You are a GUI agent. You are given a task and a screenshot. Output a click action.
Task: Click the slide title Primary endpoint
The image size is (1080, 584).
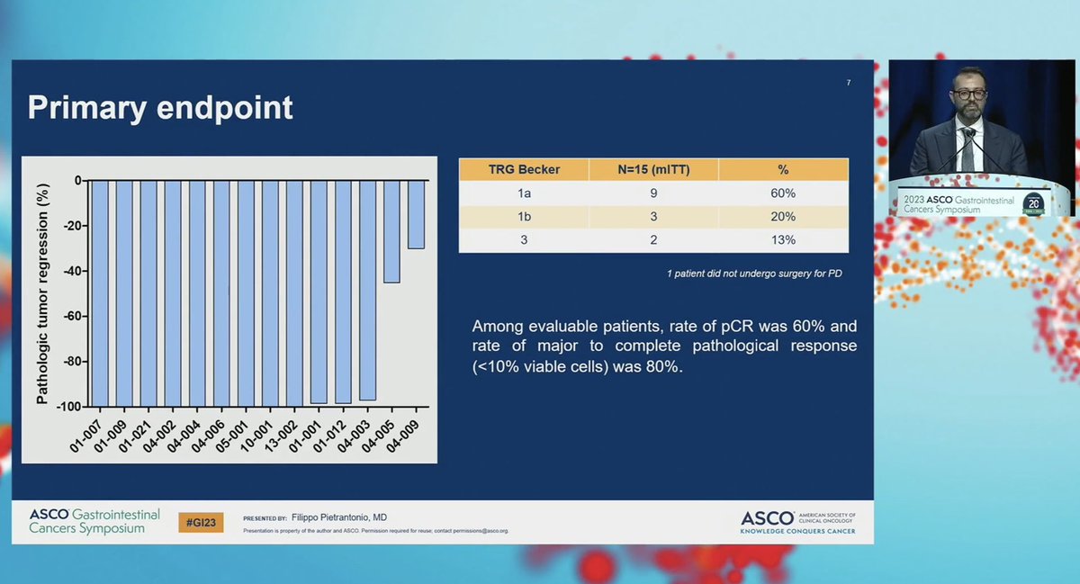pos(160,107)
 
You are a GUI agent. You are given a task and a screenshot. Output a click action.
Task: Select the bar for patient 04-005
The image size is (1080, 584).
pos(391,231)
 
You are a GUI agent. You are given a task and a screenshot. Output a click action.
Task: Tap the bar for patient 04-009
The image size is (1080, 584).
pos(416,214)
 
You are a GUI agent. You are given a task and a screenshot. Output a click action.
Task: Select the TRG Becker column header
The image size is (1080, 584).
pos(524,169)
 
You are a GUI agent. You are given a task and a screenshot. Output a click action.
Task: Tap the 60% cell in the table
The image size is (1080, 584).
pos(782,193)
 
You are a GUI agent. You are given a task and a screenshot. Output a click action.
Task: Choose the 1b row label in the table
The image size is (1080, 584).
pos(524,217)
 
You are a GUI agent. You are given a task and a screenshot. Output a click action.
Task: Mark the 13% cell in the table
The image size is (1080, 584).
pos(782,240)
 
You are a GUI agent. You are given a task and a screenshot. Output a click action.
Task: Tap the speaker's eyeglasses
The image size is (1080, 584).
pos(968,94)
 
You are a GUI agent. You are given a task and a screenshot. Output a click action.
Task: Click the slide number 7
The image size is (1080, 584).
pos(849,83)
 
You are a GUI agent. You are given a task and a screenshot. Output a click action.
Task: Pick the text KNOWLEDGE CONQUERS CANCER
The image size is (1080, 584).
pos(797,531)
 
